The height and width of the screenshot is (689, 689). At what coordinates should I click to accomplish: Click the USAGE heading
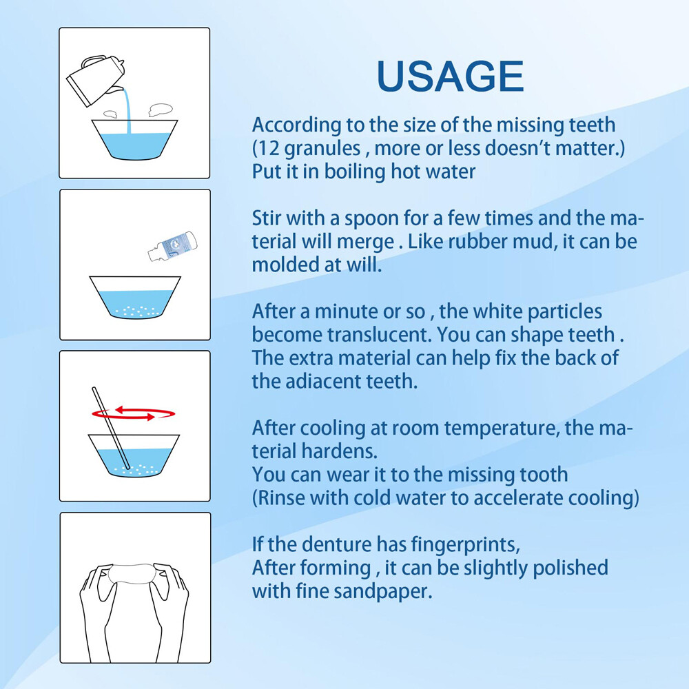[451, 76]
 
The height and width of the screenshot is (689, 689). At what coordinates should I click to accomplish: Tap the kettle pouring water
[95, 77]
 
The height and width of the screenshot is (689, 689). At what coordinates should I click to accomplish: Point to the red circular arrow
[134, 413]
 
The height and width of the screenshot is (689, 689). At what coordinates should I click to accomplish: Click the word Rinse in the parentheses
[282, 497]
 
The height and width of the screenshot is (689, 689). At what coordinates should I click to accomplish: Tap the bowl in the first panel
[134, 142]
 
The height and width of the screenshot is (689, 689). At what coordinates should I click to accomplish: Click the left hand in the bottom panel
[96, 606]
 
